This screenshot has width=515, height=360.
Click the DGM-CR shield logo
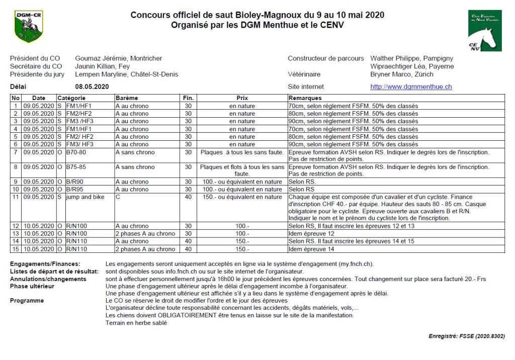point(29,27)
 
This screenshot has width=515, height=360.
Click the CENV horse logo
point(484,31)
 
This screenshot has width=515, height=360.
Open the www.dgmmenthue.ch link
point(411,86)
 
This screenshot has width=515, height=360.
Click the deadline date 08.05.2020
point(92,86)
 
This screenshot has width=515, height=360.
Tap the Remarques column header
point(305,98)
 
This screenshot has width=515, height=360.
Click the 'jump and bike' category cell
point(85,197)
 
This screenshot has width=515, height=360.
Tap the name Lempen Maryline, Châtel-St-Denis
point(126,74)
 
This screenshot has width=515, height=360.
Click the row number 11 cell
point(16,197)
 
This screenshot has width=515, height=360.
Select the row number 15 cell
point(16,249)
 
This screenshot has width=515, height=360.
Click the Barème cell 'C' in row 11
point(118,197)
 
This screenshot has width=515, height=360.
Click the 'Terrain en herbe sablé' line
point(136,323)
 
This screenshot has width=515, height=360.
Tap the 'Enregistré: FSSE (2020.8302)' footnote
point(467,336)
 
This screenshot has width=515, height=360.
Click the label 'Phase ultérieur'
point(32,286)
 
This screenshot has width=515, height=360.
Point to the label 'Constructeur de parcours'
point(325,58)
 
